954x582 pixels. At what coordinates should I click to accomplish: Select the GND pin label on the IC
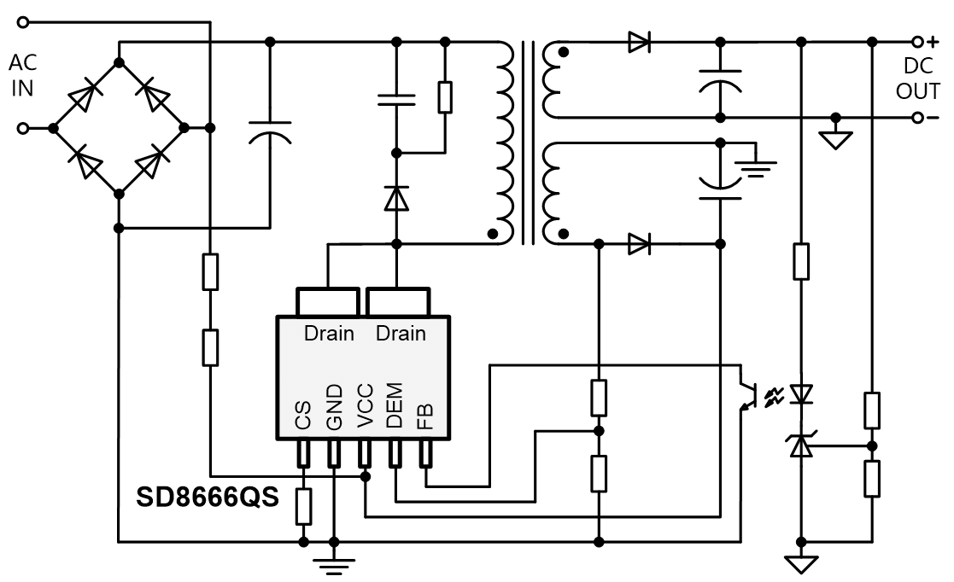(334, 408)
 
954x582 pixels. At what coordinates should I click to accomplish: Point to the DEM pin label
(395, 408)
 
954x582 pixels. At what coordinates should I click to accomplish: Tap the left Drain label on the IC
(329, 333)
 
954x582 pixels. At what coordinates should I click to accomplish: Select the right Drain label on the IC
(401, 333)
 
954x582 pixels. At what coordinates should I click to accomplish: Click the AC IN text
(22, 75)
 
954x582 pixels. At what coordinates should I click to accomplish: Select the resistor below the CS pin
(303, 507)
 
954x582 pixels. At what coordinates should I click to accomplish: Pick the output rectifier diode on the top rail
(639, 42)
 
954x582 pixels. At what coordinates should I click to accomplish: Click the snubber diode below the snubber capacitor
(395, 198)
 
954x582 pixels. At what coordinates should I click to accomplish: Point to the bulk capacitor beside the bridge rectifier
(271, 132)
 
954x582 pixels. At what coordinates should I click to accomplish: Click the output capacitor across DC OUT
(720, 79)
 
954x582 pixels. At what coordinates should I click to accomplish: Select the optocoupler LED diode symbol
(800, 393)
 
